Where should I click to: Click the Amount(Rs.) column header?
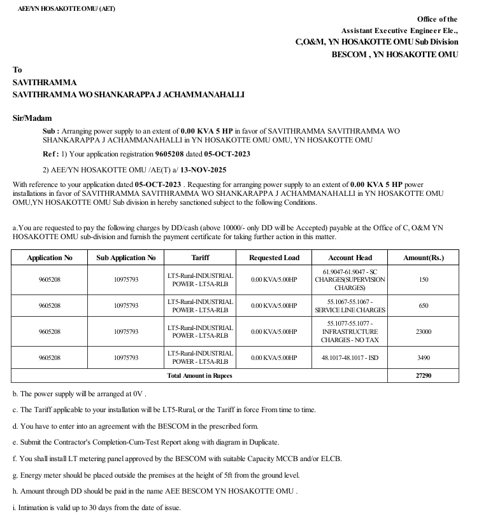[423, 258]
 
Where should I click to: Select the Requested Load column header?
[274, 258]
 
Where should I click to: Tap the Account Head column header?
[350, 258]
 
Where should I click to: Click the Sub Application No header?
[125, 258]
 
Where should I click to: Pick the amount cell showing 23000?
[423, 331]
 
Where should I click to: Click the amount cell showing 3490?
[423, 358]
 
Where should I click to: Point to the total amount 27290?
[423, 375]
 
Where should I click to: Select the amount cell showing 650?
[423, 305]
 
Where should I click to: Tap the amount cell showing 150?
[423, 280]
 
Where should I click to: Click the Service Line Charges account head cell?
[350, 305]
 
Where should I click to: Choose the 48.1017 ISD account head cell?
[350, 358]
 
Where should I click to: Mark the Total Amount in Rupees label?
[199, 375]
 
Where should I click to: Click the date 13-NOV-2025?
[204, 170]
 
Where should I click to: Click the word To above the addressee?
[17, 70]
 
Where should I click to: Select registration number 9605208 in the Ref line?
[168, 154]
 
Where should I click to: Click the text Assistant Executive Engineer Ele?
[399, 31]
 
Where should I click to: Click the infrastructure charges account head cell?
[350, 331]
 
